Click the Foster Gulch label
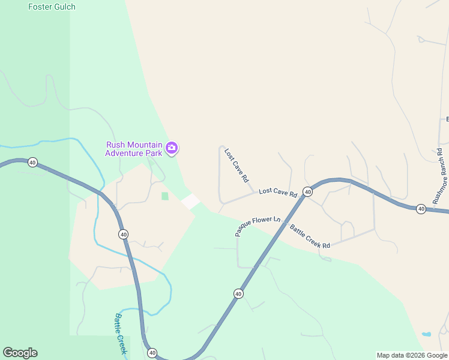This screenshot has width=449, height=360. click(52, 7)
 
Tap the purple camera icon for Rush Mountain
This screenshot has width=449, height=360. click(172, 148)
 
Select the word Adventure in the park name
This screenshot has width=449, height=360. click(125, 153)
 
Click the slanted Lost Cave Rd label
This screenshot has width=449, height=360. click(237, 165)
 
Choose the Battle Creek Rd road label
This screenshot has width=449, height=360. click(310, 236)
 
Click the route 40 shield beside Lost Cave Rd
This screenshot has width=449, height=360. click(307, 191)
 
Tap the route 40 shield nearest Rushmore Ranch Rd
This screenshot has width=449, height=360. click(421, 209)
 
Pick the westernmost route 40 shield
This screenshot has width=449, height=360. click(32, 162)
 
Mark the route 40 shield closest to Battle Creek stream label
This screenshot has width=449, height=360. click(152, 353)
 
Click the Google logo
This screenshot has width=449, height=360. click(20, 353)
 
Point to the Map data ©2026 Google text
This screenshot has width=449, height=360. click(412, 355)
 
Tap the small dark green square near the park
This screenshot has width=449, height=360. click(165, 196)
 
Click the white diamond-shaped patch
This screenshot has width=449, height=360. click(191, 202)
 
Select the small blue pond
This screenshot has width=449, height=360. click(426, 334)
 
